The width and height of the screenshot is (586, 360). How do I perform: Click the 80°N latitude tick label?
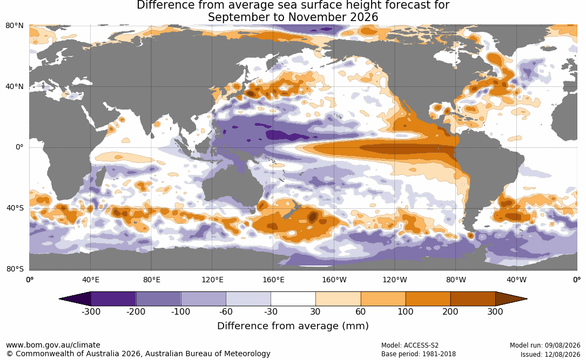tap(14, 26)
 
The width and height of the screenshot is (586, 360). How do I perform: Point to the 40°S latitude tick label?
tap(15, 208)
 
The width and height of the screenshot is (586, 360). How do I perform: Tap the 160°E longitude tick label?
tap(274, 280)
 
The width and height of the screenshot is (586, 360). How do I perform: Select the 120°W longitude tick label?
tap(395, 280)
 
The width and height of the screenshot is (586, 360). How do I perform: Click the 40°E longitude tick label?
tap(91, 280)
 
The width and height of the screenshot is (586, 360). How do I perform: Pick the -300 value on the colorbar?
tap(91, 311)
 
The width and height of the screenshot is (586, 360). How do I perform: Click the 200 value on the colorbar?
tap(450, 311)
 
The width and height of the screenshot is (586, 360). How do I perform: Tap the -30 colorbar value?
tap(271, 311)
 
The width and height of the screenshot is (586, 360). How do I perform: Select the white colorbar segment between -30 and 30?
tap(293, 299)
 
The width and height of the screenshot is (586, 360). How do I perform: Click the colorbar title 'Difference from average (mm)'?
tap(293, 326)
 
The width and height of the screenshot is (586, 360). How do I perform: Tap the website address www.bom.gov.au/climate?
tap(53, 345)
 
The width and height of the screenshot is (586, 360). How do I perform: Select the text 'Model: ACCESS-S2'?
tap(410, 345)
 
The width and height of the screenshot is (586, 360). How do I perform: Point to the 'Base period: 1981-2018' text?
tap(419, 354)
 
